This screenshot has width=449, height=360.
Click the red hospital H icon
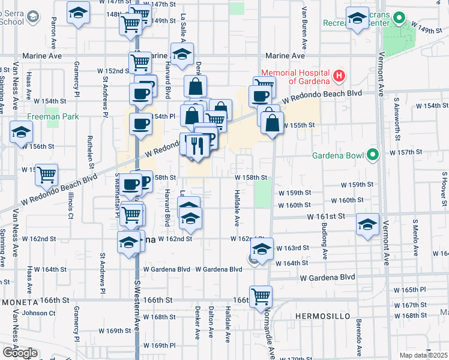[x=339, y=76]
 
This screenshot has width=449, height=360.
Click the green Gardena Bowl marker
[x=373, y=155]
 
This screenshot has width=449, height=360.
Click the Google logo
[x=20, y=352]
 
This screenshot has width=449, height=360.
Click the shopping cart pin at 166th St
[x=261, y=296]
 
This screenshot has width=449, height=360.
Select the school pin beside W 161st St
[x=367, y=224]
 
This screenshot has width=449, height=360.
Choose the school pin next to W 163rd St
[x=262, y=248]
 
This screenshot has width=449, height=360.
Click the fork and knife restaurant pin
[x=197, y=146]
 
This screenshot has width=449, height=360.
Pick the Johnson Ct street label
[x=38, y=312]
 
